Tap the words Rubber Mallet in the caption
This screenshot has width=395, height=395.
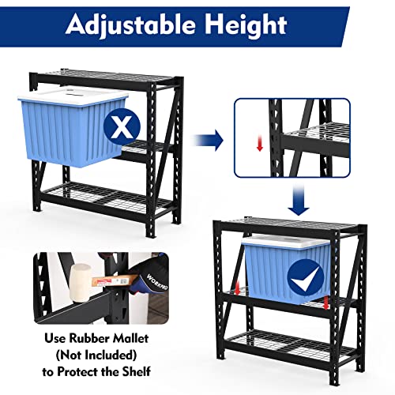tap(119, 339)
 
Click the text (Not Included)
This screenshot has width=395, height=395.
tap(97, 355)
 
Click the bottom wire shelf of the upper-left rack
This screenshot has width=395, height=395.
tap(103, 197)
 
